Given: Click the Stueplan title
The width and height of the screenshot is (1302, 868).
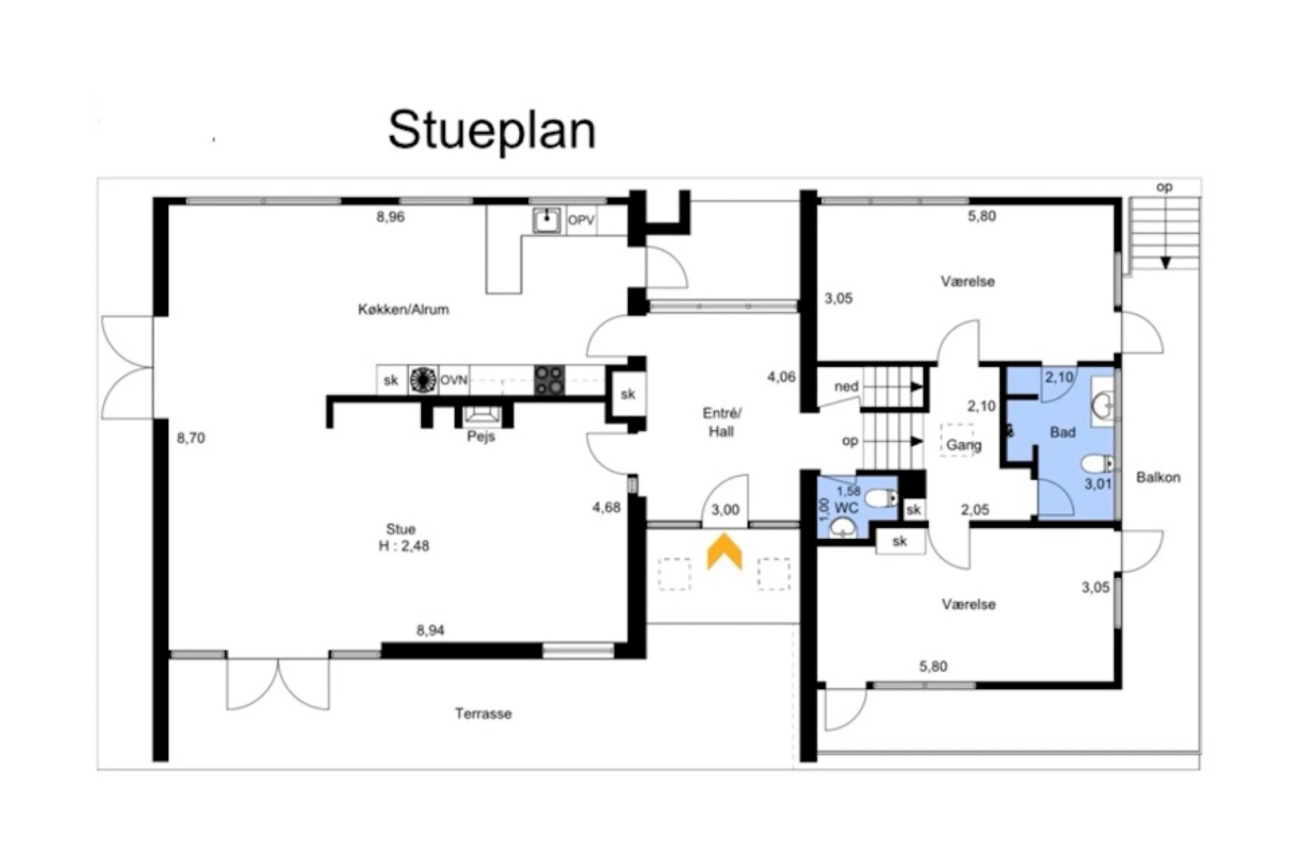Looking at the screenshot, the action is tap(492, 131).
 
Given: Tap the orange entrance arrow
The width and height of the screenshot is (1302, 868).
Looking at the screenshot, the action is tap(724, 551).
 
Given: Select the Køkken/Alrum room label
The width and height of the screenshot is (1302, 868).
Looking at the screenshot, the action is tap(403, 309).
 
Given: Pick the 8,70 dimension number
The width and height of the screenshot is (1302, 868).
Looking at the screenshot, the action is tap(191, 438).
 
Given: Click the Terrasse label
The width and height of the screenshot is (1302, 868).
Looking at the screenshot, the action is tap(483, 714).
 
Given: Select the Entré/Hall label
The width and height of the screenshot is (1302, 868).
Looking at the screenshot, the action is tap(722, 422).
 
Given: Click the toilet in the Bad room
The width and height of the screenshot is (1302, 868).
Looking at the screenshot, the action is tap(1097, 463).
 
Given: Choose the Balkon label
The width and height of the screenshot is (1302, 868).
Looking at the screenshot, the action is tap(1158, 477).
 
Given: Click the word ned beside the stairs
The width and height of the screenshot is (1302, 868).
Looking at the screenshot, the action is tap(846, 386).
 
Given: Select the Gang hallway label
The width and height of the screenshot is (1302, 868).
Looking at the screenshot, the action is tap(964, 445).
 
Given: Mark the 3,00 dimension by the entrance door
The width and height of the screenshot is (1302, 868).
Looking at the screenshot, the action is tap(725, 510).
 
